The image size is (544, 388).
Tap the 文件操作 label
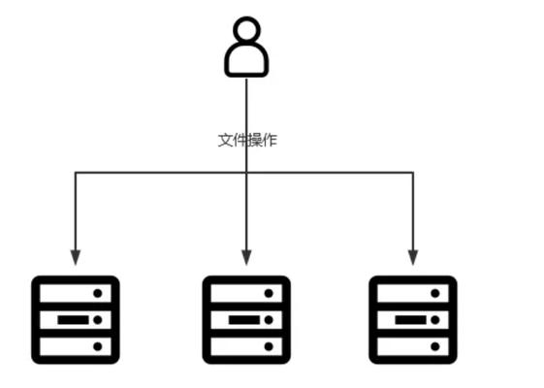[x=247, y=141]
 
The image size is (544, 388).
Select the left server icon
[x=76, y=320]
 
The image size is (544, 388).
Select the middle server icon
[x=246, y=320]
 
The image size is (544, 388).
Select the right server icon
[x=413, y=320]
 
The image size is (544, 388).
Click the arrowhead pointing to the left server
[x=76, y=257]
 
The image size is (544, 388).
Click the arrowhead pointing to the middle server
[x=246, y=257]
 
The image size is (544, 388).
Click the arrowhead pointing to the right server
[x=413, y=257]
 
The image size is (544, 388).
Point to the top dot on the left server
[x=98, y=293]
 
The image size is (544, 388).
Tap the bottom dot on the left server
[x=98, y=346]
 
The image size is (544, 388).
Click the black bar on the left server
[x=73, y=320]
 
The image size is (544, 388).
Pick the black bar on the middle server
[x=244, y=320]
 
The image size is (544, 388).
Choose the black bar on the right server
[x=411, y=320]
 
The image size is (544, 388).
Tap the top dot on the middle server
[x=269, y=293]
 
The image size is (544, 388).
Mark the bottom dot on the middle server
[x=269, y=346]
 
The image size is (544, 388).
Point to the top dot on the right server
[x=435, y=293]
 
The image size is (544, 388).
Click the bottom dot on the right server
[x=435, y=346]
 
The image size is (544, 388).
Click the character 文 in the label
[x=225, y=141]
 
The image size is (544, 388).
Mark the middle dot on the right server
[x=435, y=320]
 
